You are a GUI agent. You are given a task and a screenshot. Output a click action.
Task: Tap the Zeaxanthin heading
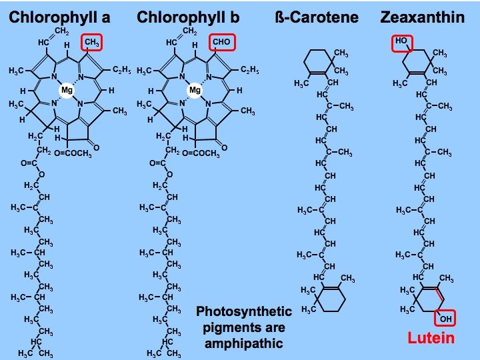click(x=422, y=17)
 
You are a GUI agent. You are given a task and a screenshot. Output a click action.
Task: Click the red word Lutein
click(x=431, y=338)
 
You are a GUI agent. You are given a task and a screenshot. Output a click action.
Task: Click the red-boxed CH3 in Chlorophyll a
click(x=91, y=43)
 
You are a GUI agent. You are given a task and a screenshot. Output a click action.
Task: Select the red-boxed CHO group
click(x=221, y=43)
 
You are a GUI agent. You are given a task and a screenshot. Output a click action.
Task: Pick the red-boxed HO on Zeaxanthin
click(x=401, y=41)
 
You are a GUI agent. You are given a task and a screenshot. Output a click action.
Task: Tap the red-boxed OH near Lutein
click(x=445, y=319)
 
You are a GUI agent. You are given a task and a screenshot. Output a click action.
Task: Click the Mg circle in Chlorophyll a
click(x=67, y=89)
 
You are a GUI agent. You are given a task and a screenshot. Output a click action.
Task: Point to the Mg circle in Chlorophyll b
click(x=195, y=89)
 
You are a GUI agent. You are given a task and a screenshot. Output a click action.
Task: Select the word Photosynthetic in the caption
click(x=244, y=311)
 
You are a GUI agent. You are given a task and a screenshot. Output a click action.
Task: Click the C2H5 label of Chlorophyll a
click(x=121, y=69)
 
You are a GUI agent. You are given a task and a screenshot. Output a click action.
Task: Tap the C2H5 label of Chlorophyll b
click(x=249, y=69)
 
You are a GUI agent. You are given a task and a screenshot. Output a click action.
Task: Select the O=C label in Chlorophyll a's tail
click(x=29, y=162)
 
